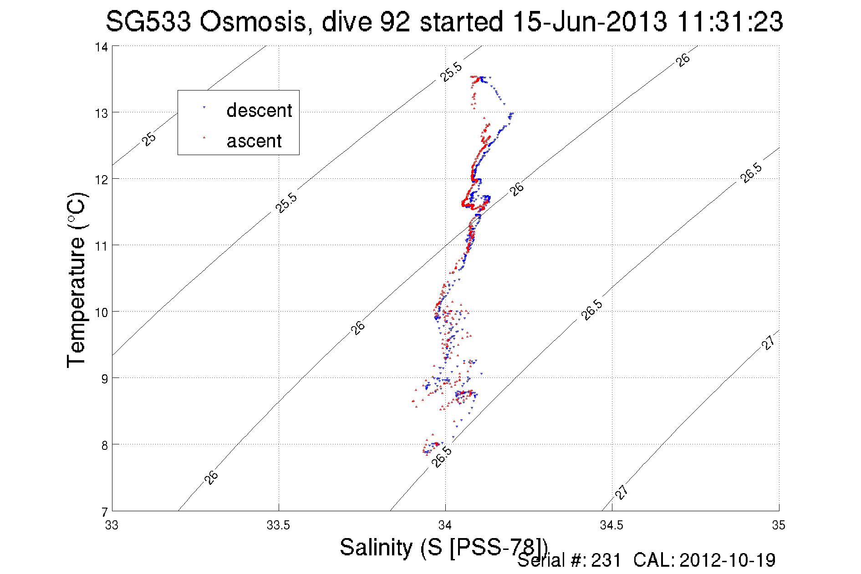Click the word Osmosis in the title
click(x=253, y=22)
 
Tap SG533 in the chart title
click(x=148, y=22)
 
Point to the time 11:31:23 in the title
click(x=730, y=22)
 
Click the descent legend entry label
click(x=259, y=111)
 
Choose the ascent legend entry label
click(x=254, y=141)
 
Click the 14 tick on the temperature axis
click(x=101, y=47)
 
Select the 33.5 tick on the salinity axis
click(x=278, y=525)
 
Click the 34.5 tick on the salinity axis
click(x=611, y=525)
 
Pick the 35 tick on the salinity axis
click(x=779, y=525)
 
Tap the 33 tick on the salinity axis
click(x=112, y=525)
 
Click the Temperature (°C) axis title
click(x=76, y=280)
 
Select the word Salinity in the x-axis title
click(x=376, y=547)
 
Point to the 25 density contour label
click(x=149, y=139)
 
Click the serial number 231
click(x=606, y=560)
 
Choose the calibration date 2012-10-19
click(x=727, y=560)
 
